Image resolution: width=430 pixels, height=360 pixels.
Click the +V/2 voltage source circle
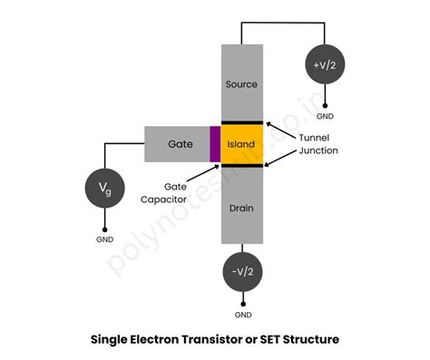[325, 65]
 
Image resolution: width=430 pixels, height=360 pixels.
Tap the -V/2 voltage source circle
[243, 272]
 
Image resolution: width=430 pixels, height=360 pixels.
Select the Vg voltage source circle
[105, 189]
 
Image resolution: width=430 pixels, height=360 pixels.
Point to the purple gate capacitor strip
[215, 143]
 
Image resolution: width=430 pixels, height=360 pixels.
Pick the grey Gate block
[178, 143]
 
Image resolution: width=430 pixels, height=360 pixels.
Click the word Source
[242, 84]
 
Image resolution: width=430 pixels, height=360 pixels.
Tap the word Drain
[242, 209]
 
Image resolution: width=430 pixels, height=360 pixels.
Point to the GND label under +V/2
[325, 116]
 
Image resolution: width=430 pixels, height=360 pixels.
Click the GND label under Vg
[105, 240]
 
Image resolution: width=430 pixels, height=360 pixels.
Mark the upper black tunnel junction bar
[242, 122]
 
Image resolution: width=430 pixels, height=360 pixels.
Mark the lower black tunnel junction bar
[242, 165]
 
